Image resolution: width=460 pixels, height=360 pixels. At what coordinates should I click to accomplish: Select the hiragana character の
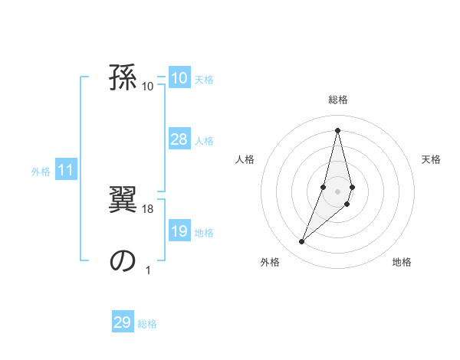(x=123, y=260)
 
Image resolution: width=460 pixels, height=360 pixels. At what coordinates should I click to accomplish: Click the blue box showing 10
(x=179, y=78)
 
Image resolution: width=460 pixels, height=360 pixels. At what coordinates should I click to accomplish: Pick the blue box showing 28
(x=179, y=139)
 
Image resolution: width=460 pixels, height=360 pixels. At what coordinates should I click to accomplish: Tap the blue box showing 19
(x=179, y=231)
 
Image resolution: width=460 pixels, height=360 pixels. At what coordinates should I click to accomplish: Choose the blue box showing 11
(x=66, y=171)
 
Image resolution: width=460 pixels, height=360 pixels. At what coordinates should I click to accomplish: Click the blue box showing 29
(x=123, y=322)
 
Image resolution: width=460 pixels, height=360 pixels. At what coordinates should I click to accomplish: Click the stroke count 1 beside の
(x=148, y=270)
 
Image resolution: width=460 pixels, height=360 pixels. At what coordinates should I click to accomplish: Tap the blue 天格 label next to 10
(x=204, y=80)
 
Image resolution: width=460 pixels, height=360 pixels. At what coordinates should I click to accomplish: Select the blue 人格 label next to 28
(x=204, y=141)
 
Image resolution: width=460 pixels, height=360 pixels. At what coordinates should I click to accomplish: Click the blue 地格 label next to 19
(x=204, y=233)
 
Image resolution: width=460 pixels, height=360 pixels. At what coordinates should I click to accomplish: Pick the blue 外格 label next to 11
(x=41, y=172)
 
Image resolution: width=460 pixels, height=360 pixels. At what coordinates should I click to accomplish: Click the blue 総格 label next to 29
(x=147, y=324)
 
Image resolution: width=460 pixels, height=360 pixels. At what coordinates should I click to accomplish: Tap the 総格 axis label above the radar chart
(x=338, y=100)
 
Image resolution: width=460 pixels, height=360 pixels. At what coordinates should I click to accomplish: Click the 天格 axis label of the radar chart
(x=432, y=159)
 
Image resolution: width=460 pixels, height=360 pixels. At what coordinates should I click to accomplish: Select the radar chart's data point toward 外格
(x=302, y=242)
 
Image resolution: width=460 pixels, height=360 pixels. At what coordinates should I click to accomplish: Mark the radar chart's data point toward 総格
(x=338, y=129)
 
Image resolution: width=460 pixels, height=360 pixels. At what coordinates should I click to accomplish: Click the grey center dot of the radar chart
(x=338, y=191)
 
